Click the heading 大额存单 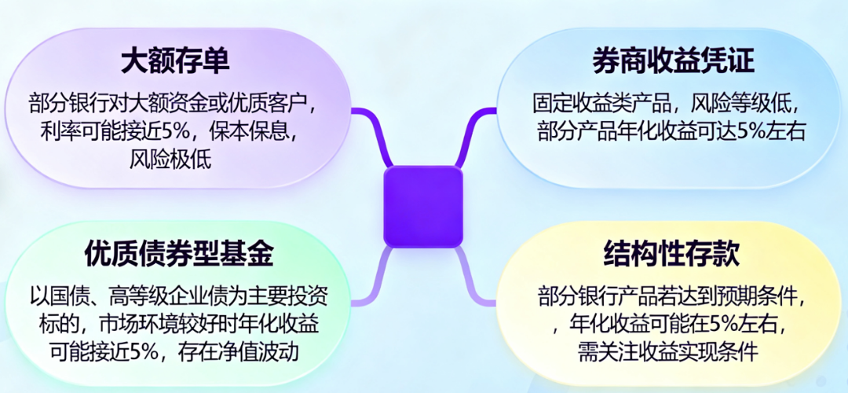click(175, 61)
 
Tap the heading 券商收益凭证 click(673, 61)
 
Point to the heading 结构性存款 click(671, 253)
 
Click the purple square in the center click(422, 206)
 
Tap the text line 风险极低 click(170, 160)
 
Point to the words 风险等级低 click(746, 103)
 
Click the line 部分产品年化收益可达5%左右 click(672, 130)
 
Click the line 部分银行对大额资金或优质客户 click(177, 103)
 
